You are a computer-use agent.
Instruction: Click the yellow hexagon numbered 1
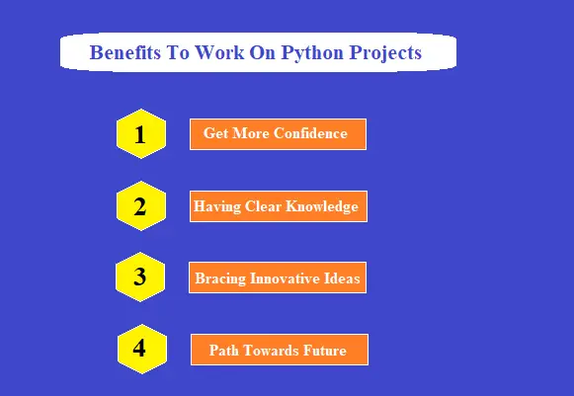[139, 134]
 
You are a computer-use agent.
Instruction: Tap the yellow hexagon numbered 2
[139, 206]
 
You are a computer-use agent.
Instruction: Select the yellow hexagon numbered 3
[139, 277]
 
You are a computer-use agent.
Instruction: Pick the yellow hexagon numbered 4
[139, 349]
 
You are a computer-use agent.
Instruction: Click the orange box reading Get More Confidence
[278, 133]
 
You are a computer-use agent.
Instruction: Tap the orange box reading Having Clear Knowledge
[278, 206]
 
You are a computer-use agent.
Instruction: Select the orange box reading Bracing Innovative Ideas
[278, 278]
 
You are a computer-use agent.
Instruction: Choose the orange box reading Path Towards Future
[279, 350]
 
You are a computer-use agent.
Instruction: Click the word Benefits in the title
[124, 52]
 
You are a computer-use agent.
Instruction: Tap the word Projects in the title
[386, 52]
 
